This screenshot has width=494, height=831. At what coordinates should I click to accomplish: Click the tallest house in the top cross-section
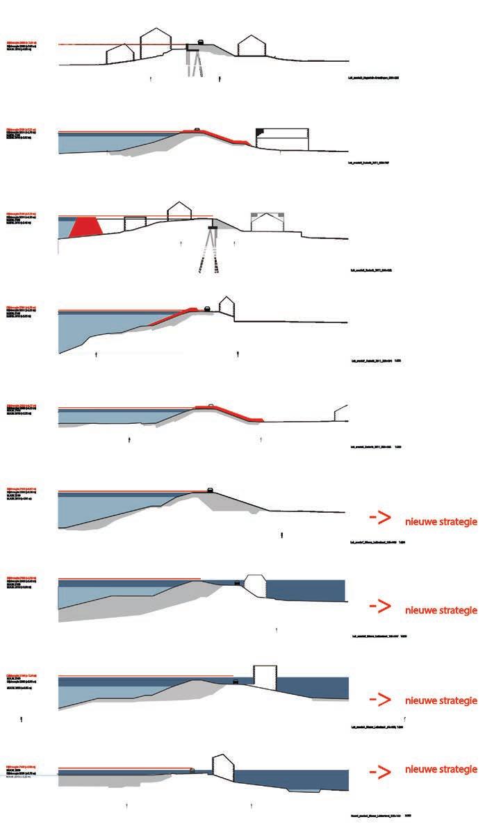click(x=156, y=45)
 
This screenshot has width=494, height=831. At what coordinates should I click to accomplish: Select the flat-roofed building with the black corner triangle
click(x=282, y=138)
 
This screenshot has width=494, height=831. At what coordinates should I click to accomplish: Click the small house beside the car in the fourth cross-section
click(x=225, y=307)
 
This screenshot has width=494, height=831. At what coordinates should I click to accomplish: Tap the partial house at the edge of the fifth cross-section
click(x=340, y=413)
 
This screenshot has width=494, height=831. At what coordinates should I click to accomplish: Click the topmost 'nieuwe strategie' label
click(x=441, y=521)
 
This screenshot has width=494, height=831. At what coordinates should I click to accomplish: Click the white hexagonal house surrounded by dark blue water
click(x=256, y=585)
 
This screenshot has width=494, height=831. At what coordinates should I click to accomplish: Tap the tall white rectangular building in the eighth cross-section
click(x=265, y=677)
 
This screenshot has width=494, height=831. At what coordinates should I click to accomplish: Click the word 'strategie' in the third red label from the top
click(x=455, y=700)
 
